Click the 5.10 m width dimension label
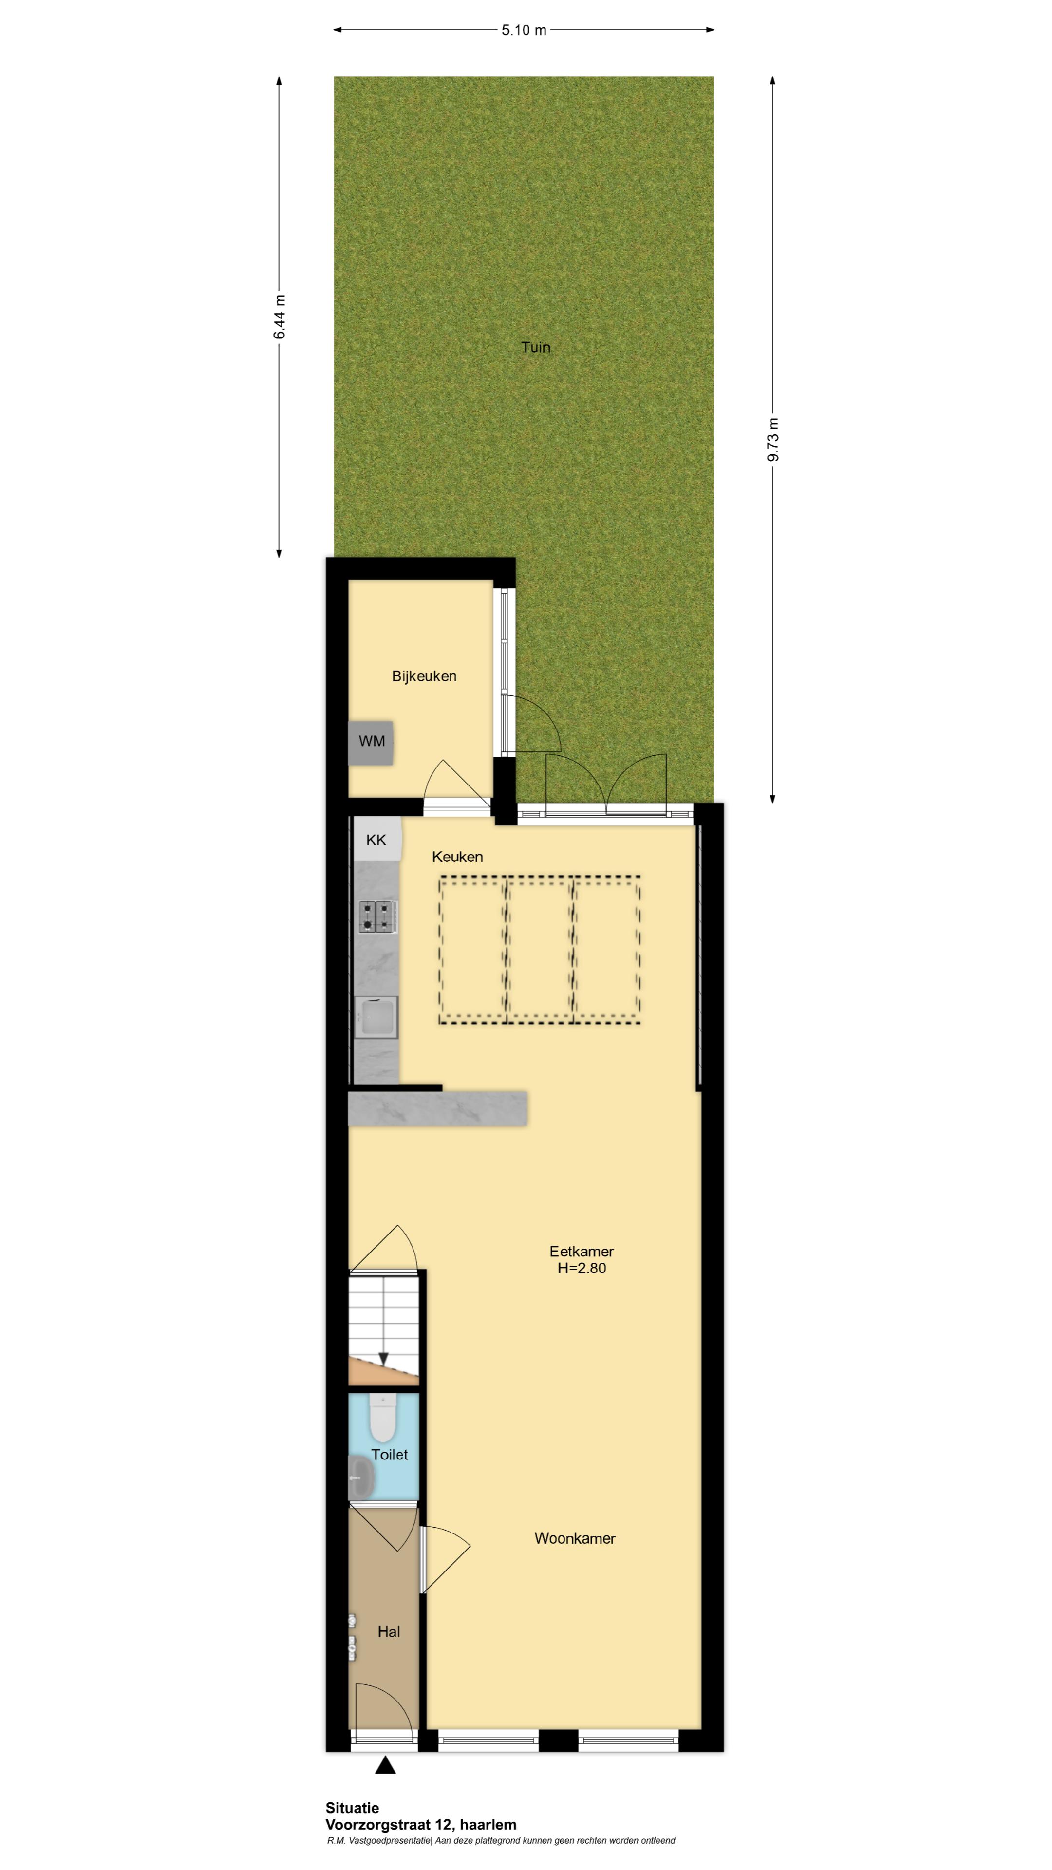524,30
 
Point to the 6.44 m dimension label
280,317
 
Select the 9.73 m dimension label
773,439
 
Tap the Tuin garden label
536,347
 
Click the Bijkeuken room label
424,676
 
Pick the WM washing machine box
371,742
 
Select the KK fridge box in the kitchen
377,839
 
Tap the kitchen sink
376,1016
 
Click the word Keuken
457,857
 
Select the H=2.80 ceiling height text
582,1268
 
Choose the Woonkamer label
575,1538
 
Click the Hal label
389,1632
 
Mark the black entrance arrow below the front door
386,1765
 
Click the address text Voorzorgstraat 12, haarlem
421,1824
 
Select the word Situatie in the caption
352,1808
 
